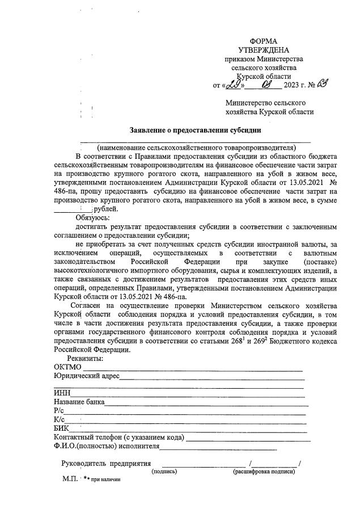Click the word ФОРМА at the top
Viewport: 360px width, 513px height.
point(264,41)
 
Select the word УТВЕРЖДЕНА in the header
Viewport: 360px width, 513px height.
point(264,50)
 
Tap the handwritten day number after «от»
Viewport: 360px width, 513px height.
point(233,85)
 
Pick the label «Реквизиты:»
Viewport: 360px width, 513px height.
point(85,359)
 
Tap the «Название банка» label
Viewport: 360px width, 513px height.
point(79,402)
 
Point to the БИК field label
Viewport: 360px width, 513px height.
point(61,428)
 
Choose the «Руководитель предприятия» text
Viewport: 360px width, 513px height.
point(106,463)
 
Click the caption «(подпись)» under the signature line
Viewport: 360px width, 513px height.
point(164,471)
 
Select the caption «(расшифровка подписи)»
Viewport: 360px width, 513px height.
point(264,471)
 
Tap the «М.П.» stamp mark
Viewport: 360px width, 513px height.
point(70,479)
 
